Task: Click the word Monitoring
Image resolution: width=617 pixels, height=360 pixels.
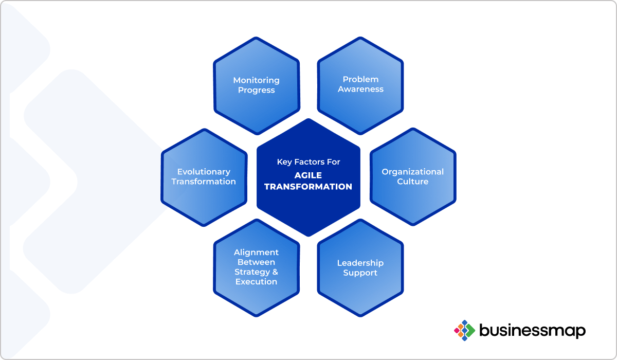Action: [x=256, y=80]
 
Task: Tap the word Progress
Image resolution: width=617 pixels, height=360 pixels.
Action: [x=257, y=91]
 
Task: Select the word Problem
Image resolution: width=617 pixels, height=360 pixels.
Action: [x=360, y=79]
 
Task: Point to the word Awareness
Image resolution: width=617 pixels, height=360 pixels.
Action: [x=360, y=89]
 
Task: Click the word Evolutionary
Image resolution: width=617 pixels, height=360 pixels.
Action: [x=204, y=172]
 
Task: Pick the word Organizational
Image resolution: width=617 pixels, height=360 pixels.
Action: [x=412, y=172]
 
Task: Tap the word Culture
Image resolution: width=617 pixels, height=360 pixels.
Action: [x=412, y=181]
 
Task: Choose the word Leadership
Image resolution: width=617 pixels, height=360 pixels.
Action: [x=360, y=263]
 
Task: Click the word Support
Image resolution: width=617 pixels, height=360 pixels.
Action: [x=360, y=273]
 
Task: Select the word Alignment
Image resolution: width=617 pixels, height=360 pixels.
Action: [x=256, y=253]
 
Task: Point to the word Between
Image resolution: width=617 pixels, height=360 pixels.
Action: [x=256, y=262]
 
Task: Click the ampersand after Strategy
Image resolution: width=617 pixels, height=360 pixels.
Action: [x=275, y=272]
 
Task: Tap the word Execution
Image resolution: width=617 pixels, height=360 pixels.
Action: [x=256, y=281]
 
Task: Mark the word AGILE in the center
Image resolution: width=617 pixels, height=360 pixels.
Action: [x=308, y=175]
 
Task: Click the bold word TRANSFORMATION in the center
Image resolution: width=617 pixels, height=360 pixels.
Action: [x=308, y=187]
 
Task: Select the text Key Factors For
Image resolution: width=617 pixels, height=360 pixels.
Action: [x=308, y=162]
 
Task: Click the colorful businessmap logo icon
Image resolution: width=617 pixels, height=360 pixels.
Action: [x=464, y=330]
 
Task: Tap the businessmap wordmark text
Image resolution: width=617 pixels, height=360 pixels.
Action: [x=533, y=330]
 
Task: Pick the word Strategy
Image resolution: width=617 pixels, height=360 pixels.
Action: [x=252, y=272]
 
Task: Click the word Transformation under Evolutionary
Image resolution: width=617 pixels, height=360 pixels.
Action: [x=204, y=182]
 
